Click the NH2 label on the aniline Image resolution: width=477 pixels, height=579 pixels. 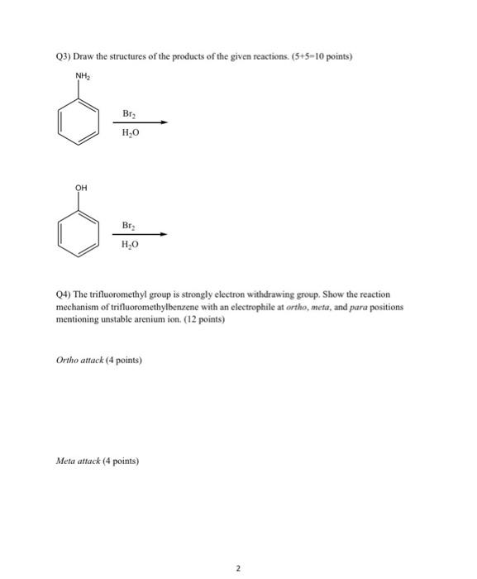(x=81, y=77)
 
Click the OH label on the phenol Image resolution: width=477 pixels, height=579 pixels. (x=80, y=188)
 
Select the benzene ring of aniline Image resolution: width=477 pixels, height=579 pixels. (x=76, y=121)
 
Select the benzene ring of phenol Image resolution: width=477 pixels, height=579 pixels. (x=76, y=231)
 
